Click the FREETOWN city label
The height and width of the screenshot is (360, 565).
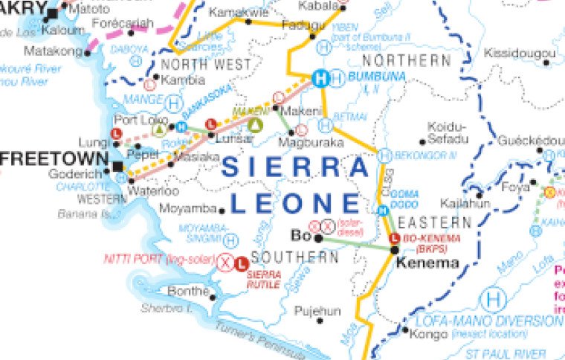[52, 158]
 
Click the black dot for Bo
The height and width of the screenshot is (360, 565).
[318, 239]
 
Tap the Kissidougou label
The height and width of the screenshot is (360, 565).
[519, 53]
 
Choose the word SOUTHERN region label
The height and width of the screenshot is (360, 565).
[295, 257]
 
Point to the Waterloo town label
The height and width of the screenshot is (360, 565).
[153, 190]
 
